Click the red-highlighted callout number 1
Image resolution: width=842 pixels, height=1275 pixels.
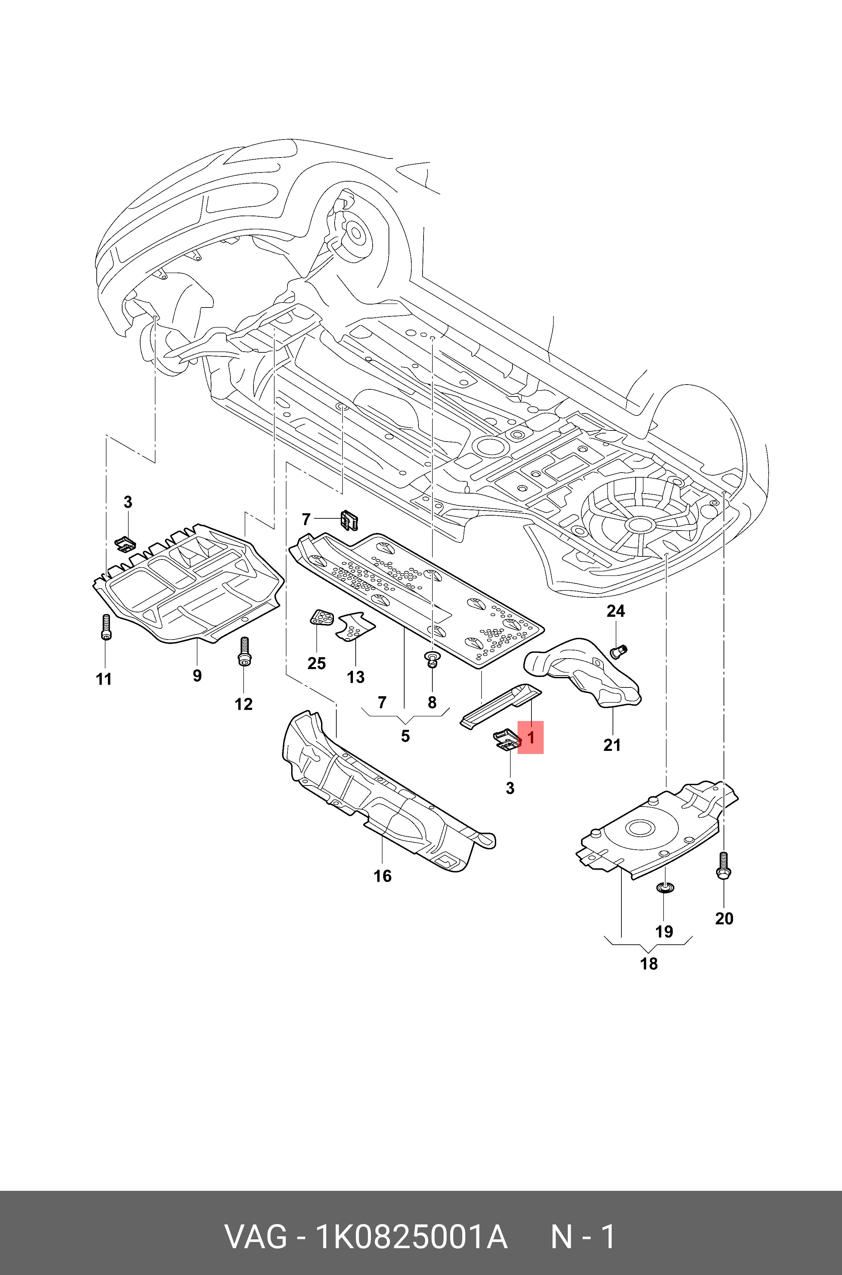pos(530,737)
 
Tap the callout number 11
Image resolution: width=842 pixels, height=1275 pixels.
pos(104,679)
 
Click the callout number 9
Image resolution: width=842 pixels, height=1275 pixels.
pos(197,675)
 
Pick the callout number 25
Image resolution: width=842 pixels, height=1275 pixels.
pos(316,663)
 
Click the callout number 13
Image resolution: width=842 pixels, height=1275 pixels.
pos(355,677)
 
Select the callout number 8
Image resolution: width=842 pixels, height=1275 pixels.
pos(432,702)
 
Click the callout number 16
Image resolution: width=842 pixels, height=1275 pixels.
pos(382,876)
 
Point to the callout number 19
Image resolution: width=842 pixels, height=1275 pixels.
pos(664,931)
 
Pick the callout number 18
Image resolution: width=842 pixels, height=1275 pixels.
pos(649,964)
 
